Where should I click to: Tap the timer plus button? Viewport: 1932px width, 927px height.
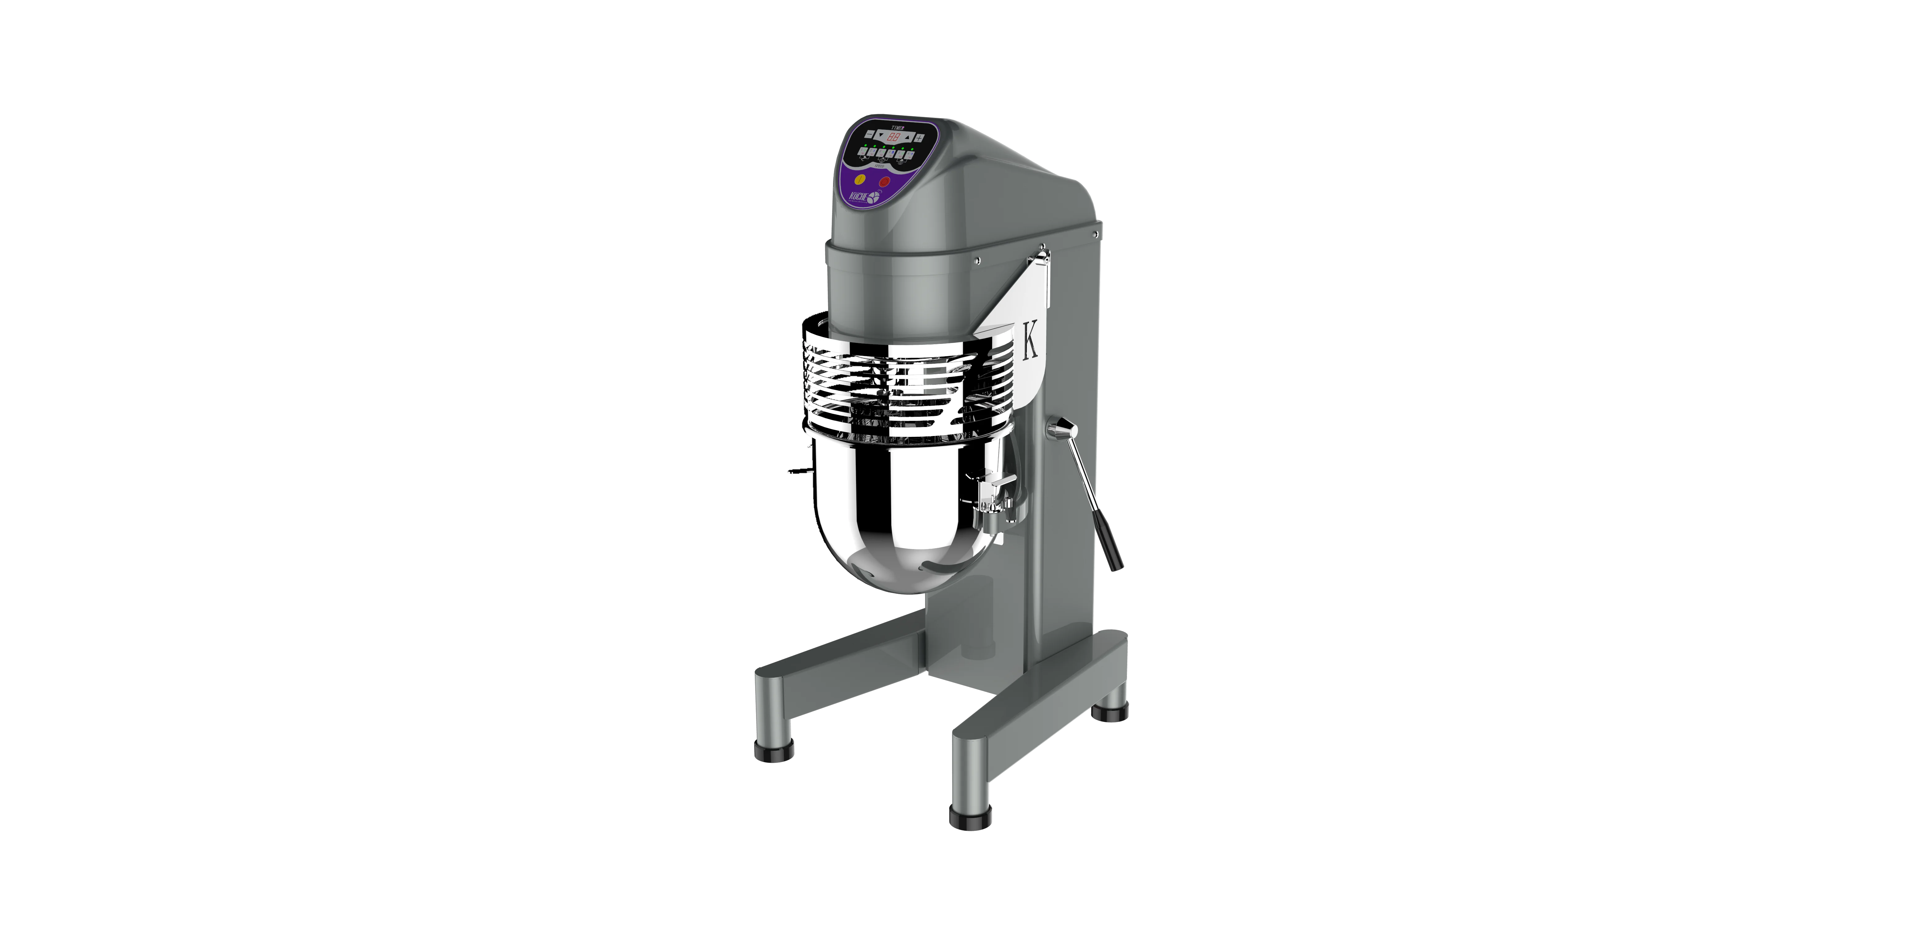(919, 138)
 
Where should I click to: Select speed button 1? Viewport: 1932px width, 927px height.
(863, 151)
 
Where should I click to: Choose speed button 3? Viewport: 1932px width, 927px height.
(881, 153)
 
